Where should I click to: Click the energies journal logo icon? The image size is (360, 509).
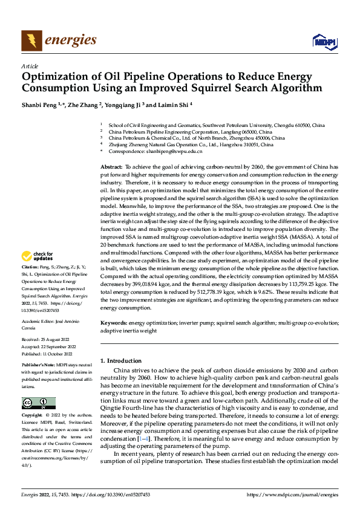pos(32,41)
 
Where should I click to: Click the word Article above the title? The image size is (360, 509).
pos(30,65)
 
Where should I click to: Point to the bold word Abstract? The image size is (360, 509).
pos(111,166)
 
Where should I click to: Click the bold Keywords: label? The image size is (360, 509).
pos(113,323)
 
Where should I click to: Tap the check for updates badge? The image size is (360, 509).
pos(38,256)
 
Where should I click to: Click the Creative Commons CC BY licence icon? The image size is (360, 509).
pos(38,403)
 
